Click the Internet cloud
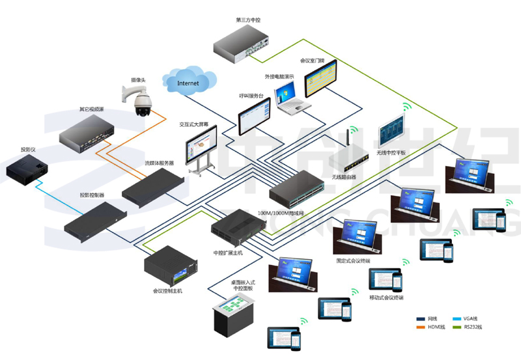click(188, 82)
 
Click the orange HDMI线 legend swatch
click(421, 326)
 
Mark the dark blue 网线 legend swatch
click(421, 318)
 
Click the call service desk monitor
click(255, 117)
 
